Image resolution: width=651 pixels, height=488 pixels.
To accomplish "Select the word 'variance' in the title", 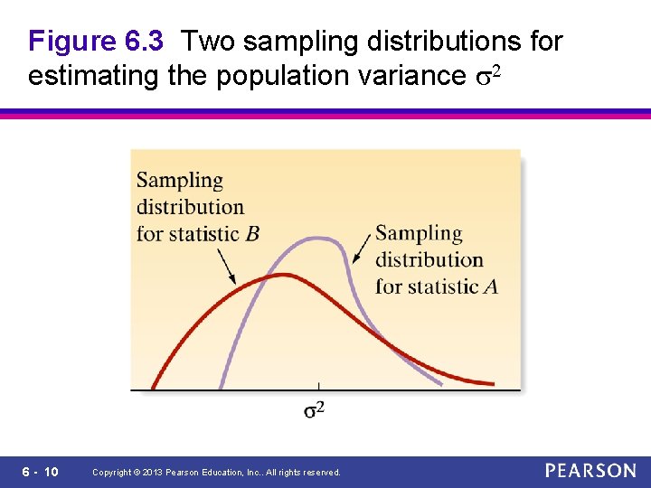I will click(x=411, y=76).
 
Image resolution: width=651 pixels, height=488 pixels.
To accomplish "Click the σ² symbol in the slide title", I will click(x=486, y=76).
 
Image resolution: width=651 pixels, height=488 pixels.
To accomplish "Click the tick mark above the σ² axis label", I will click(x=317, y=387).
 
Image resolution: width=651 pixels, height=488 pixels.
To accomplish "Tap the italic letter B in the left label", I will click(x=252, y=234).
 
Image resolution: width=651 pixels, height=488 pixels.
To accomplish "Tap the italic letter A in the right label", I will click(x=491, y=287).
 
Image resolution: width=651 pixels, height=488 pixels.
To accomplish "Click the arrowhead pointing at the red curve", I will click(x=234, y=280).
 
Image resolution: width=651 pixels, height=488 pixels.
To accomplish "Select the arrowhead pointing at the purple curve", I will click(x=355, y=259).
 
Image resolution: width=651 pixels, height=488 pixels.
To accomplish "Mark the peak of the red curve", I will click(x=284, y=274).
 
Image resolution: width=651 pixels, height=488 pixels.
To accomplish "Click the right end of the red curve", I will click(x=493, y=384).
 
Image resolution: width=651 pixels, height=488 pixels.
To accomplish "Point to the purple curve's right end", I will click(x=441, y=384).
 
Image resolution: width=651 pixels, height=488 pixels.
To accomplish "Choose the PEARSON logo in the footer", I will click(x=590, y=471).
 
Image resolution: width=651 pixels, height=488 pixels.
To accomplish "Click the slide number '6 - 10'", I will click(x=39, y=472).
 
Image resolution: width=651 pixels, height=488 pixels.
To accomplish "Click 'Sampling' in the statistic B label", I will click(x=180, y=181).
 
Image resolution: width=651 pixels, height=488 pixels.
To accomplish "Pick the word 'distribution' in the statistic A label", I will click(x=429, y=260).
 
